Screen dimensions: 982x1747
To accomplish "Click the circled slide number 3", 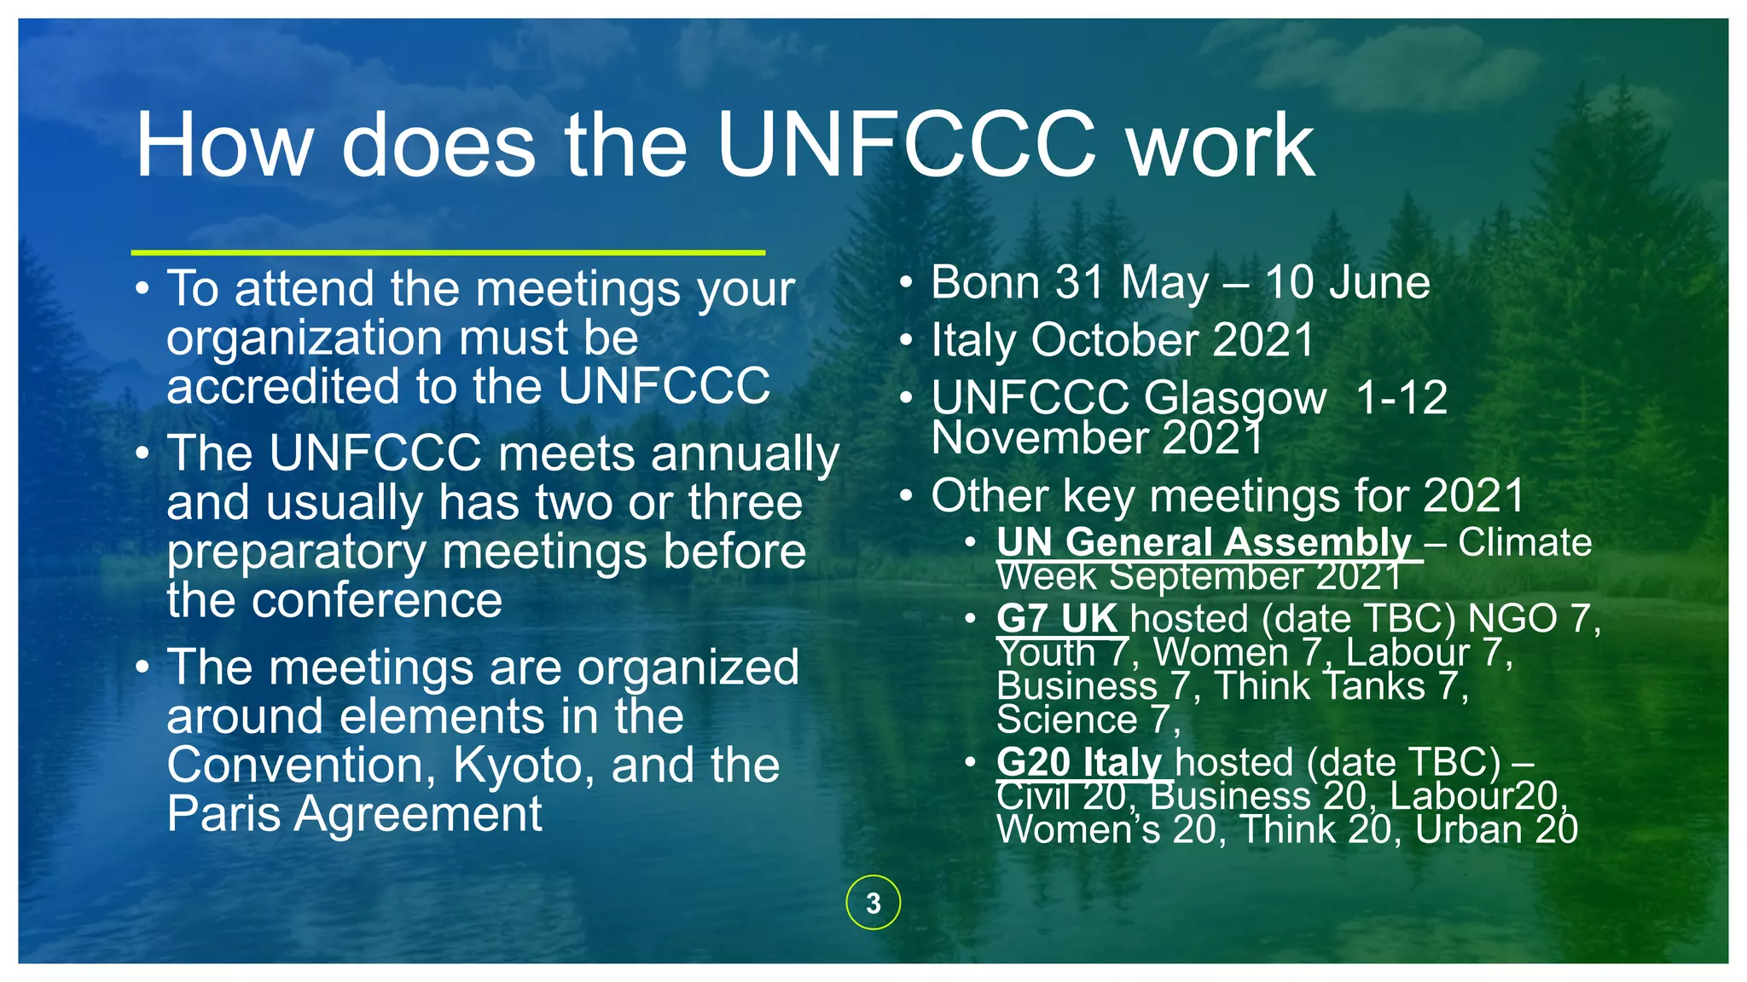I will [873, 903].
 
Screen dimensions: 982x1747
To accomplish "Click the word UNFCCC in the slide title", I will [906, 145].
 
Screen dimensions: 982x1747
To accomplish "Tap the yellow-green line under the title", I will [448, 252].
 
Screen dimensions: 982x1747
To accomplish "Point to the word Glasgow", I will [1234, 398].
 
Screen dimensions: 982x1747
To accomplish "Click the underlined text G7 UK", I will [1057, 619].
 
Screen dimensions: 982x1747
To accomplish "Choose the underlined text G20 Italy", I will [1079, 762].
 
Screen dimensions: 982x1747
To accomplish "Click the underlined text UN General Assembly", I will [1203, 543].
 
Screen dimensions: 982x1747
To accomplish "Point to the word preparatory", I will [295, 552].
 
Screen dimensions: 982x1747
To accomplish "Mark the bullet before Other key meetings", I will [907, 496].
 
